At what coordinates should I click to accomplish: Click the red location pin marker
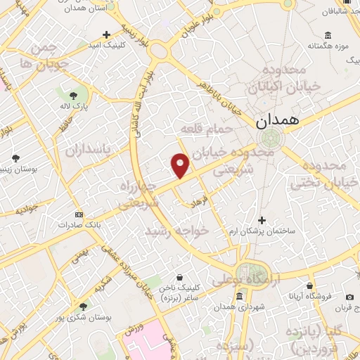tap(180, 165)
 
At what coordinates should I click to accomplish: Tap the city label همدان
tap(278, 120)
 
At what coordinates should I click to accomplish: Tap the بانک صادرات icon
tap(78, 214)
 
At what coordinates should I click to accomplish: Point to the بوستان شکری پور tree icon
tap(84, 307)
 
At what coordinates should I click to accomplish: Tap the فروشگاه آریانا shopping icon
tap(309, 285)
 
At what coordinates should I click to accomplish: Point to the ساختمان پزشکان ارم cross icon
tap(262, 219)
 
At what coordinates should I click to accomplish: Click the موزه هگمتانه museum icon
tap(328, 35)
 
